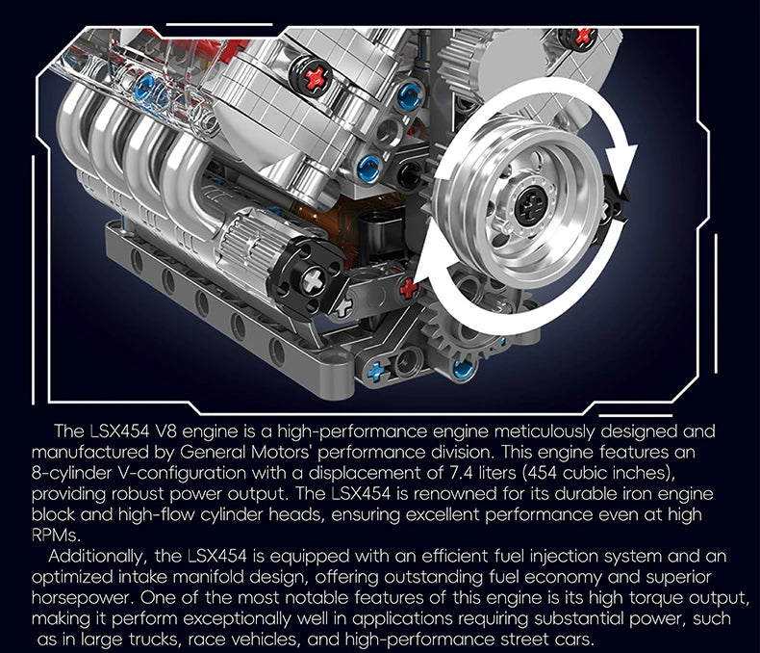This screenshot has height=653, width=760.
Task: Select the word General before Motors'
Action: (x=213, y=452)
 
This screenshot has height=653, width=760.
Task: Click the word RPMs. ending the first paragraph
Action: (x=55, y=535)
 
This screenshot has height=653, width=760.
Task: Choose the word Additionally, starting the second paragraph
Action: (x=96, y=557)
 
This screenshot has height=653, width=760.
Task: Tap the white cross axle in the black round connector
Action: (x=313, y=281)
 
